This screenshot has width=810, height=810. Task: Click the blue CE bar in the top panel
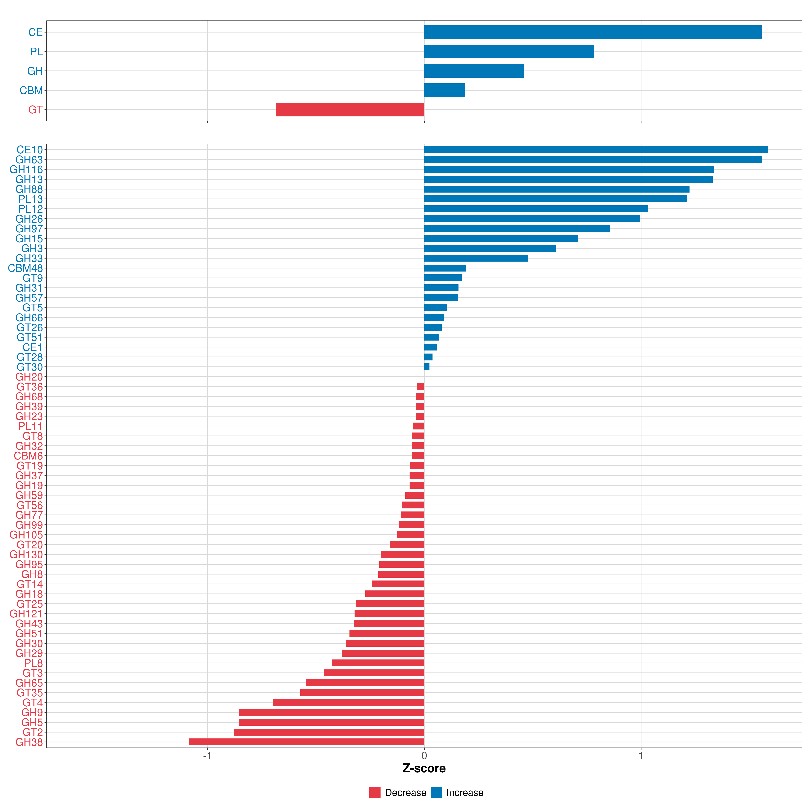click(593, 32)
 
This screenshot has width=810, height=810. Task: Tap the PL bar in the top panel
click(509, 52)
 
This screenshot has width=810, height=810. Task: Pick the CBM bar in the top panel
click(444, 90)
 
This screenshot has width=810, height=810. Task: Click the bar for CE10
click(596, 150)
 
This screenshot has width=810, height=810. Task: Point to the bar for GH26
click(532, 218)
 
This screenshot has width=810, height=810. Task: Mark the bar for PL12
click(536, 209)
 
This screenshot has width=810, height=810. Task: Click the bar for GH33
click(476, 258)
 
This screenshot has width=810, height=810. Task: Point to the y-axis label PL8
click(34, 663)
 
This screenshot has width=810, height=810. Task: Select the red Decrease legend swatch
click(375, 792)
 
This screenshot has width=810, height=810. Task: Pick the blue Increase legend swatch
click(436, 792)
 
